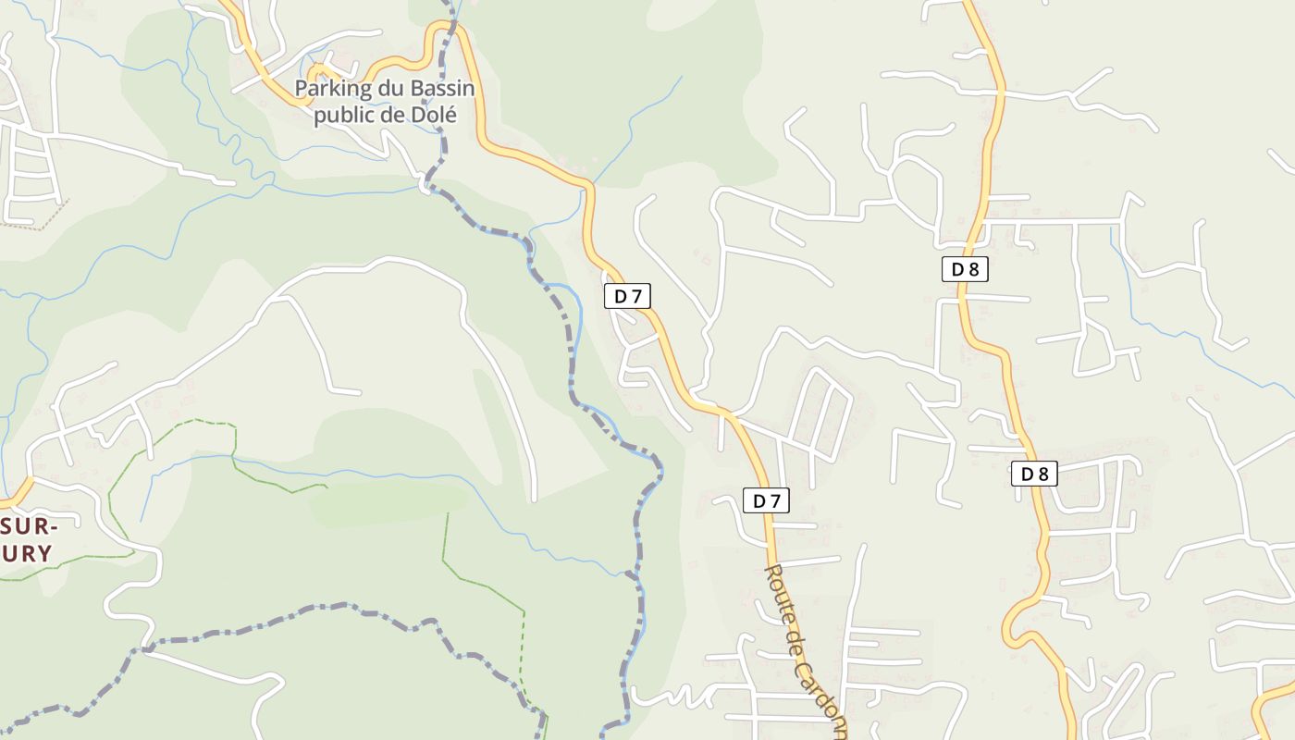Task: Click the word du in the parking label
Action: pyautogui.click(x=384, y=89)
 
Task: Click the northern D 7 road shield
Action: pyautogui.click(x=628, y=296)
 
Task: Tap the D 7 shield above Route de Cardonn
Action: pyautogui.click(x=767, y=501)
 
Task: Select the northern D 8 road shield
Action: pyautogui.click(x=965, y=269)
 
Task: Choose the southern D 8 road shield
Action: pyautogui.click(x=1034, y=475)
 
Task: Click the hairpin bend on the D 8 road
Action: pyautogui.click(x=1011, y=629)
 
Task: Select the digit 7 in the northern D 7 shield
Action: pyautogui.click(x=636, y=296)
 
